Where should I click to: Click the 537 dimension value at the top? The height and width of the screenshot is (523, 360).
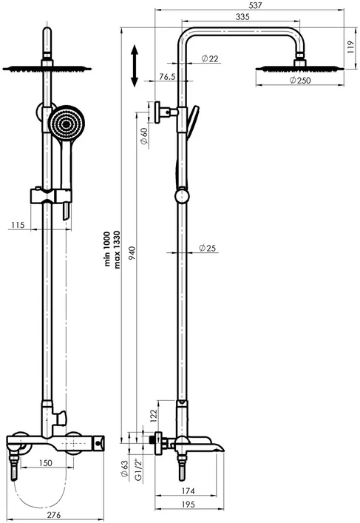[x=255, y=5]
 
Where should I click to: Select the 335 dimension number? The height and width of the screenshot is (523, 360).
[x=242, y=16]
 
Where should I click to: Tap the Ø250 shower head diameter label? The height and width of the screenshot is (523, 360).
[x=300, y=80]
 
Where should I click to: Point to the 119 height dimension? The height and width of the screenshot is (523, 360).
[x=350, y=47]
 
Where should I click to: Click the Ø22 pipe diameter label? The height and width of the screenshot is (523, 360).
[x=210, y=58]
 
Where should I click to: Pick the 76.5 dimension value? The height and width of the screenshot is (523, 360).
[x=167, y=77]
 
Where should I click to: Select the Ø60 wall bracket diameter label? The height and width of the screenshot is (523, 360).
[x=143, y=136]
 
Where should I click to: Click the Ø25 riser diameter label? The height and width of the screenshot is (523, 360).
[x=207, y=248]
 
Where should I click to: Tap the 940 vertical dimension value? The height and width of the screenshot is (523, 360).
[x=132, y=254]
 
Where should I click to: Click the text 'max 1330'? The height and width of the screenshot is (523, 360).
[x=117, y=249]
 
